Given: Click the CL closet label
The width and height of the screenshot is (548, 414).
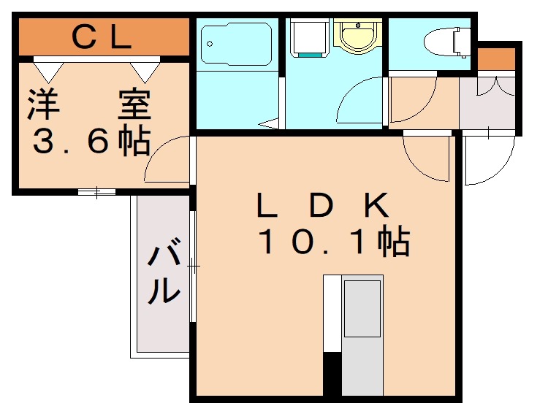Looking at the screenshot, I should pyautogui.click(x=102, y=37).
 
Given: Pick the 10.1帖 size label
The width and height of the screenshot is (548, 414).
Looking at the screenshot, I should pyautogui.click(x=332, y=242).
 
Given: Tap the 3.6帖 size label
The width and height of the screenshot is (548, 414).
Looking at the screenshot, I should pyautogui.click(x=91, y=141).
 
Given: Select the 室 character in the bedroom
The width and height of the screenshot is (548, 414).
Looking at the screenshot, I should pyautogui.click(x=134, y=104).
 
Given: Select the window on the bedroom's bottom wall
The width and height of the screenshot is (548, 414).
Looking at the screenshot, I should pyautogui.click(x=96, y=193).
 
